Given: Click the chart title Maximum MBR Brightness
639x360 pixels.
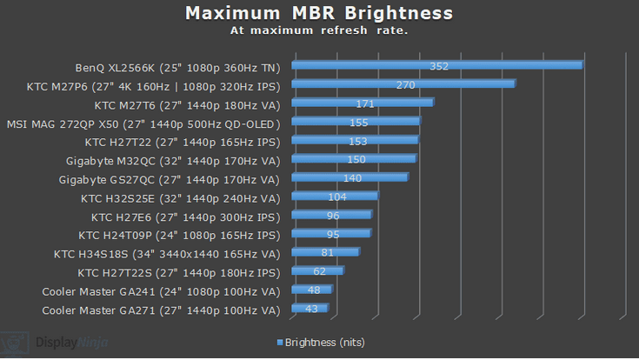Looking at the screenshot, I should tap(318, 13).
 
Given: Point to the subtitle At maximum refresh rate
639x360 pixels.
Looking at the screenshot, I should tap(318, 30).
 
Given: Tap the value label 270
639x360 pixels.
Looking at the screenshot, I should tap(405, 84).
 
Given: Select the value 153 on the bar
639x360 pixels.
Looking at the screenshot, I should tap(358, 141).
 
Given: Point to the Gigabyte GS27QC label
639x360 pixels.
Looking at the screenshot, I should tap(170, 178).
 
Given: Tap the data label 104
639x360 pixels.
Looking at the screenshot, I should tap(337, 197).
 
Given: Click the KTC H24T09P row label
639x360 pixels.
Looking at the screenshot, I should tap(179, 234).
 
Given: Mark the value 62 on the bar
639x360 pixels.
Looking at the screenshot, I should tap(319, 271).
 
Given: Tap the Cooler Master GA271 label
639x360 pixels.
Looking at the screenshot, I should tap(161, 310).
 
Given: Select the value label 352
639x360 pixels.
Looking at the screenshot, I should tap(439, 65).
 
